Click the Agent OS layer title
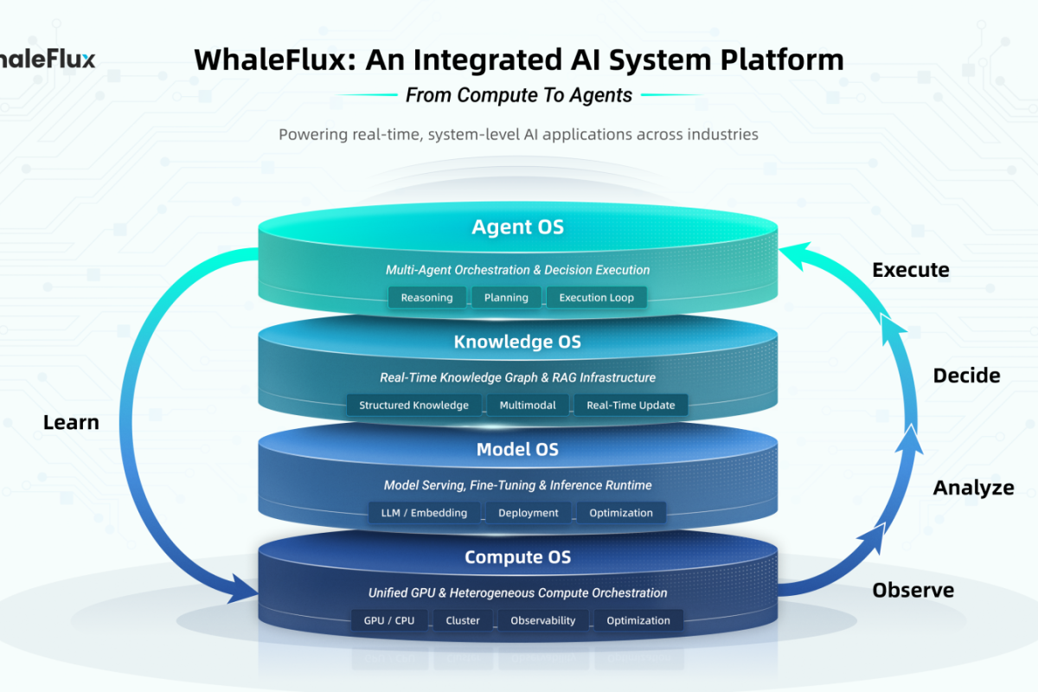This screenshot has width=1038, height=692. coord(517,227)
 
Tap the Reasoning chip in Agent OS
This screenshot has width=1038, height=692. coord(426,298)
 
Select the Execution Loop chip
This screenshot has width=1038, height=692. coord(596,298)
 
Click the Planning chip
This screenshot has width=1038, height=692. coord(506,298)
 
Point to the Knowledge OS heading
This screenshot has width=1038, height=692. coord(517,342)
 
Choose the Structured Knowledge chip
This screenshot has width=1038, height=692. coord(413,405)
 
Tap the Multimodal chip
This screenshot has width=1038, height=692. coord(528,405)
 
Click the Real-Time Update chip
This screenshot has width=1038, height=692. coord(631,405)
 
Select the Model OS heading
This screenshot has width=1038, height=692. coord(517,450)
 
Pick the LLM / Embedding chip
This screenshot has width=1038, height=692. coord(424,513)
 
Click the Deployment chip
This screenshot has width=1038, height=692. coord(528,513)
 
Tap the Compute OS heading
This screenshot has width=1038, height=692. coord(517,557)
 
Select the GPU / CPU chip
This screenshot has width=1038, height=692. coord(389,620)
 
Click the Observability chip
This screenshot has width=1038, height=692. coord(542,620)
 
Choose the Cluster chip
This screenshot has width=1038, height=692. coord(463,620)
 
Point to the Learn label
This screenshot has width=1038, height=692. coord(71,423)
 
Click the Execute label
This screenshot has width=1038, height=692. coord(910,270)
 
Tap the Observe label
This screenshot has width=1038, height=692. coord(913,591)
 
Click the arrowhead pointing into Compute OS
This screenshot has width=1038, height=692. coord(244,593)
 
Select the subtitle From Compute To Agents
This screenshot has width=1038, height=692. coord(518,95)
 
